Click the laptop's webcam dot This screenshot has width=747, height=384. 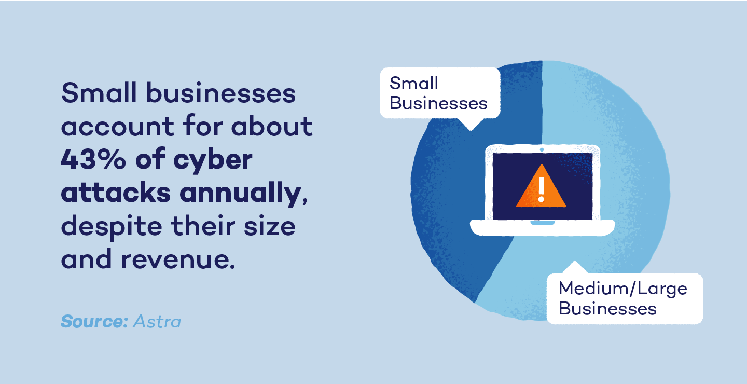point(542,149)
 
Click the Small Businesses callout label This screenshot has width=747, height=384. point(439,93)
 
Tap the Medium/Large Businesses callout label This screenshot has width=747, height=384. point(622,298)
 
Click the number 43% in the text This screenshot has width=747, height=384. point(91,160)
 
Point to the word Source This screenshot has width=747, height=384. point(94,321)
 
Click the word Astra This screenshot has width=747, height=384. point(157,321)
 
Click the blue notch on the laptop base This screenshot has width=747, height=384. point(542,222)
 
